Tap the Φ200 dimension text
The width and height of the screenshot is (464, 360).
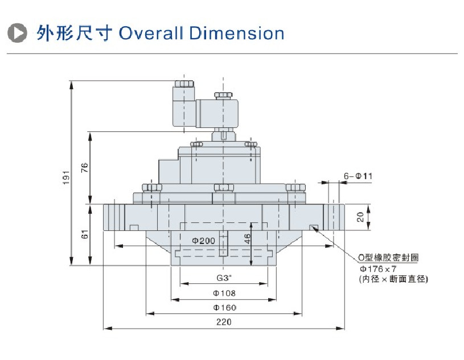(203, 241)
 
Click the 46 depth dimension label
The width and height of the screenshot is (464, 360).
(247, 238)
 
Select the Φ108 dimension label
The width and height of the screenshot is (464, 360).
(224, 293)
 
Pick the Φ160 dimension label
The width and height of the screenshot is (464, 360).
(224, 308)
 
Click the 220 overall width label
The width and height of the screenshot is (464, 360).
(224, 322)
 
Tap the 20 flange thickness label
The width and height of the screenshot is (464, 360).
(360, 216)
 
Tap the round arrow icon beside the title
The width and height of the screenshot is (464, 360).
(19, 33)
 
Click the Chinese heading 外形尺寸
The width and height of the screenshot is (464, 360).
(75, 33)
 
